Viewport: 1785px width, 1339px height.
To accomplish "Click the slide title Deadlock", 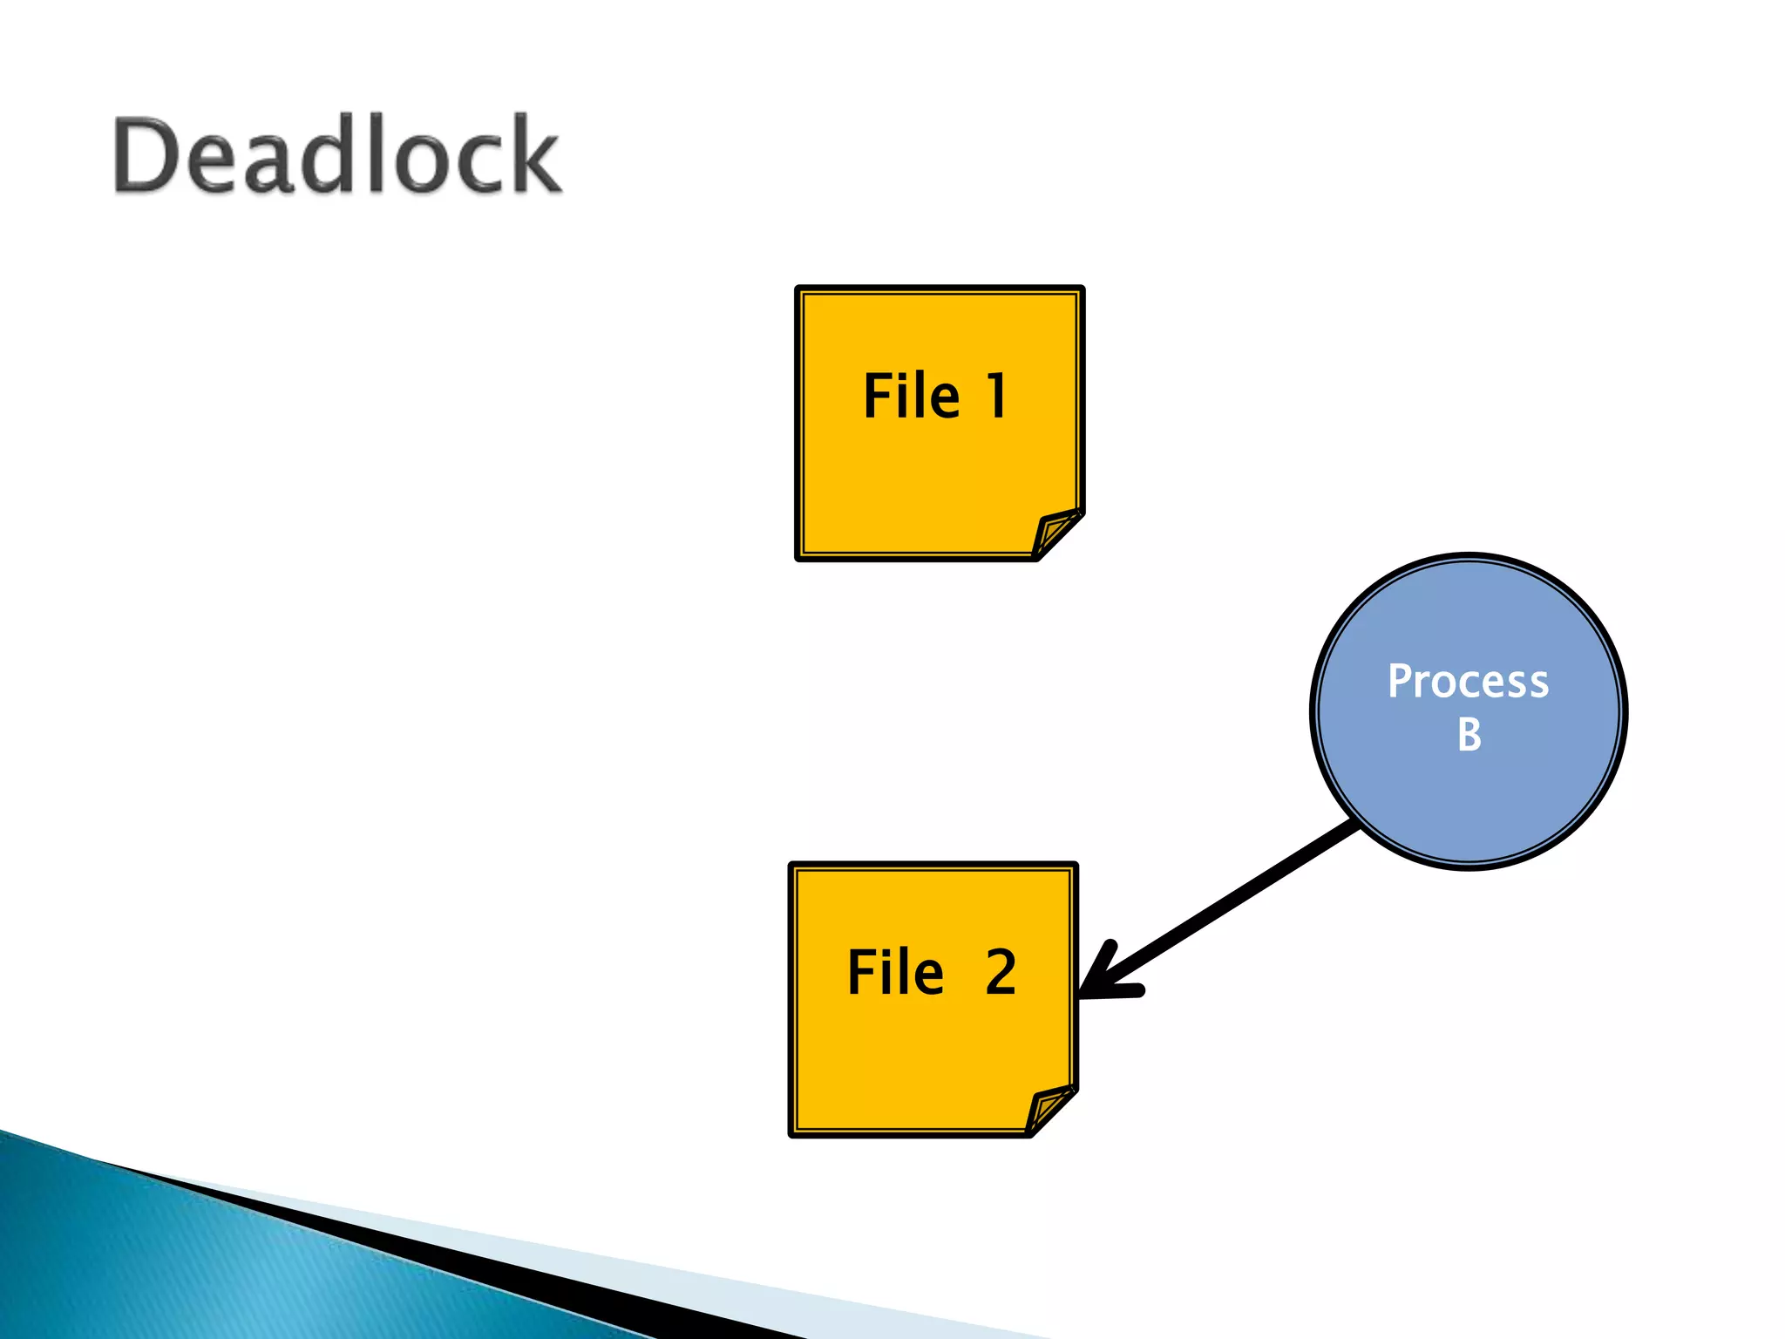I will click(x=336, y=155).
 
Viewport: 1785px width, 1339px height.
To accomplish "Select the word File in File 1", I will click(x=911, y=397).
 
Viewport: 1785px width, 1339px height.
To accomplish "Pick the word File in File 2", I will click(x=895, y=972).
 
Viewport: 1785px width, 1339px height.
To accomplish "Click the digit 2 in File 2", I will click(x=1001, y=972).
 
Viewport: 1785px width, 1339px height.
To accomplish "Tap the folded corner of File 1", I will click(x=1056, y=534).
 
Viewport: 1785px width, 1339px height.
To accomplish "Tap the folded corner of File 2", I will click(x=1049, y=1110).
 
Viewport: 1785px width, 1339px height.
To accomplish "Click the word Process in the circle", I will click(x=1468, y=681).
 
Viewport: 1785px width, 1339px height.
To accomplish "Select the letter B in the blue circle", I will click(x=1469, y=735).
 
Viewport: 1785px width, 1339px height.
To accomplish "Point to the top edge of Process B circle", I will click(x=1469, y=556).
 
